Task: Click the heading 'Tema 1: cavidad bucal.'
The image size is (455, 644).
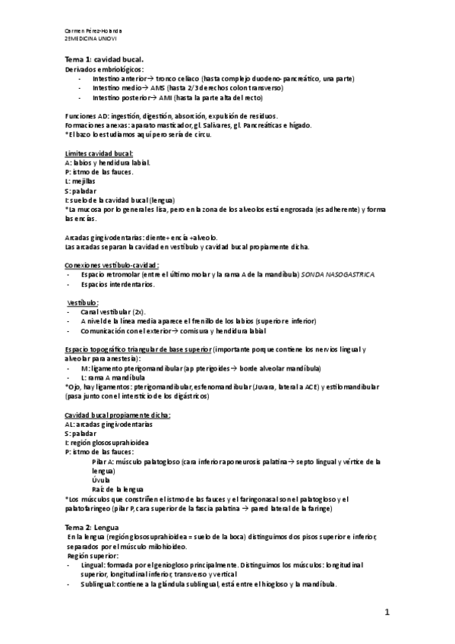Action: click(x=103, y=59)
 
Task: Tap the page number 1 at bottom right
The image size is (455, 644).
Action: click(x=387, y=611)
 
